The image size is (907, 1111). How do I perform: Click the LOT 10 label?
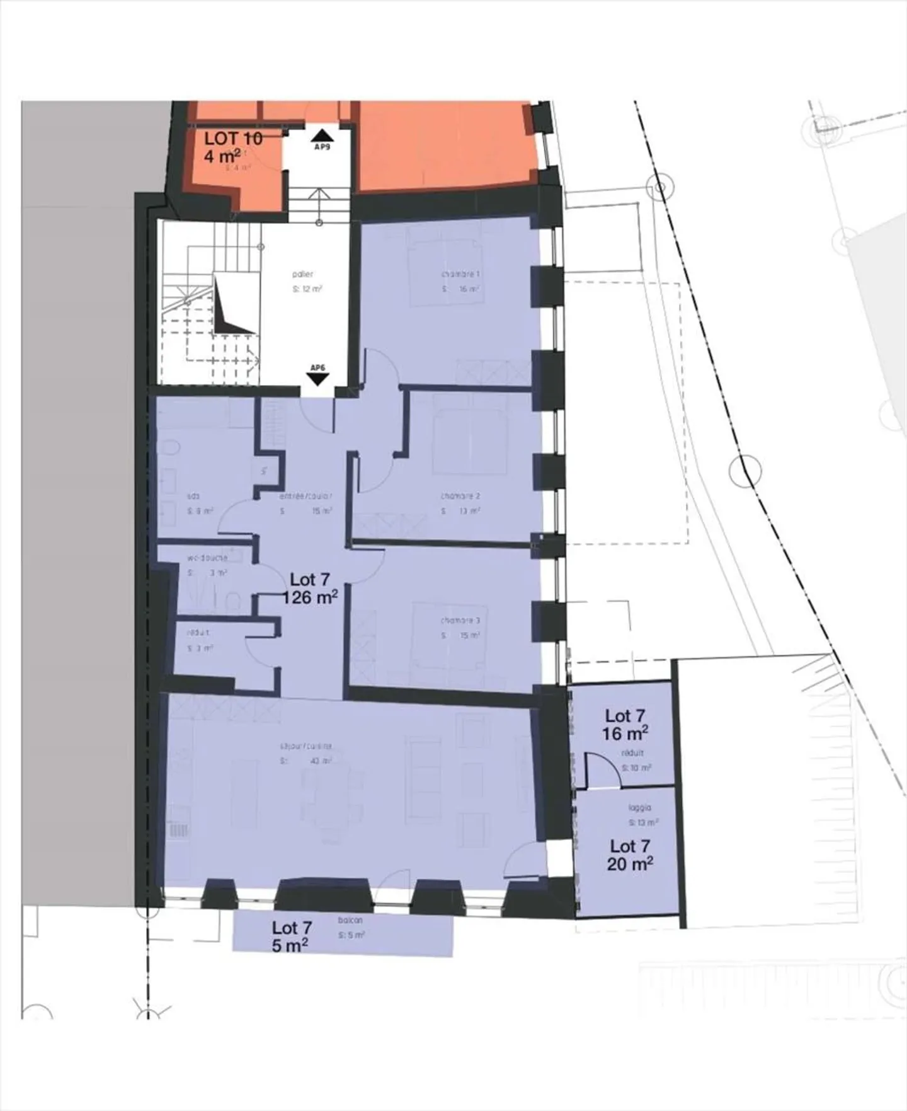click(x=233, y=138)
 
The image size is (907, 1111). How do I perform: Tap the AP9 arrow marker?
click(x=322, y=135)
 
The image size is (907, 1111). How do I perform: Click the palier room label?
click(x=302, y=274)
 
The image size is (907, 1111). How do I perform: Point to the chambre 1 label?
click(x=460, y=274)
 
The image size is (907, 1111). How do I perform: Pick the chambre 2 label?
click(x=460, y=496)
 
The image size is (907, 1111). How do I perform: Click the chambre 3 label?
click(x=460, y=621)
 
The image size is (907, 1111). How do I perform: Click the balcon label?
click(x=350, y=920)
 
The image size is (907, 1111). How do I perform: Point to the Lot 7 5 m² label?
click(x=291, y=936)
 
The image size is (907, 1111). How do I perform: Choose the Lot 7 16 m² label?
click(x=625, y=725)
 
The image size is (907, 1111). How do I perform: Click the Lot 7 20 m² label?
click(x=630, y=855)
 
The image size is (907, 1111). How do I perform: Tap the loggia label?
click(x=639, y=807)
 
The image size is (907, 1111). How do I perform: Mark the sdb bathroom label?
click(x=193, y=496)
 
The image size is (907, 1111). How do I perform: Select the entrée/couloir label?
click(x=305, y=496)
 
